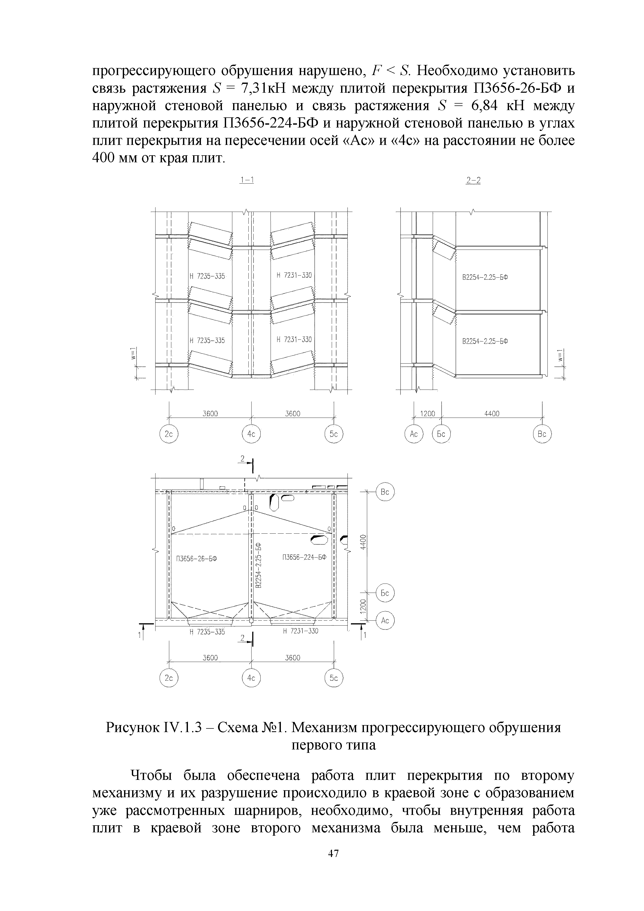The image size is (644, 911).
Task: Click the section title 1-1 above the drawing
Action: [247, 180]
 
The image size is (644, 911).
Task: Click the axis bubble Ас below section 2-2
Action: [413, 434]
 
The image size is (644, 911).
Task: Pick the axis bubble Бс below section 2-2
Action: [441, 434]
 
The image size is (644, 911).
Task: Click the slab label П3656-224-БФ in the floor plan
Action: [304, 558]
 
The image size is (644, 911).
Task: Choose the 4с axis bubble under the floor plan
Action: [251, 679]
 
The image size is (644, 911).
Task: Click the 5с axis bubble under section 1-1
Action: [334, 434]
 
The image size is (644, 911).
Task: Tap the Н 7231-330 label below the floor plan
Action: [300, 631]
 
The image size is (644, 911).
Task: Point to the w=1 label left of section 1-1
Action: [135, 354]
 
